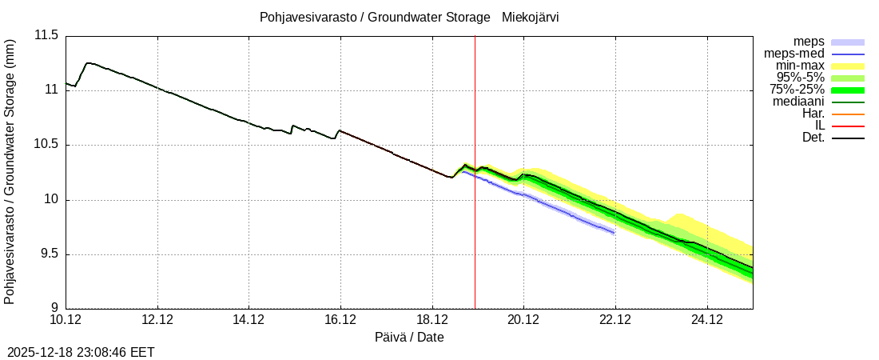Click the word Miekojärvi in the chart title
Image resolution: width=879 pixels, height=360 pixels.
[x=530, y=17]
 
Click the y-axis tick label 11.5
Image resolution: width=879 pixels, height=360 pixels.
[x=46, y=35]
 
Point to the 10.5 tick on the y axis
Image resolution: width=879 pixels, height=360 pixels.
[x=46, y=145]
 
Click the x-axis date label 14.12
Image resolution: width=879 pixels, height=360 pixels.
[x=249, y=320]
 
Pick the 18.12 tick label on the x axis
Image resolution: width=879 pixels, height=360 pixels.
[x=432, y=320]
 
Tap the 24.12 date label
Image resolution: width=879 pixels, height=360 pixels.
[x=706, y=320]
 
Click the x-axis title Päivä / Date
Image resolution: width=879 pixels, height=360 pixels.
[x=409, y=338]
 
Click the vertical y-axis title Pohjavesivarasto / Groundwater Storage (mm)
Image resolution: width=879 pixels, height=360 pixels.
[x=10, y=171]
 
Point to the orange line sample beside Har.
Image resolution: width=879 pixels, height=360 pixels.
[x=848, y=114]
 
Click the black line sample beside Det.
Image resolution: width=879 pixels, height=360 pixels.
[x=848, y=138]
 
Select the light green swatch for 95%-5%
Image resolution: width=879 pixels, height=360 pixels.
[x=848, y=78]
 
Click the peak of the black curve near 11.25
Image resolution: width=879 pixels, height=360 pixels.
[x=87, y=62]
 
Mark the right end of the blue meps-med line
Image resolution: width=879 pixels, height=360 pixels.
[x=614, y=232]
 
